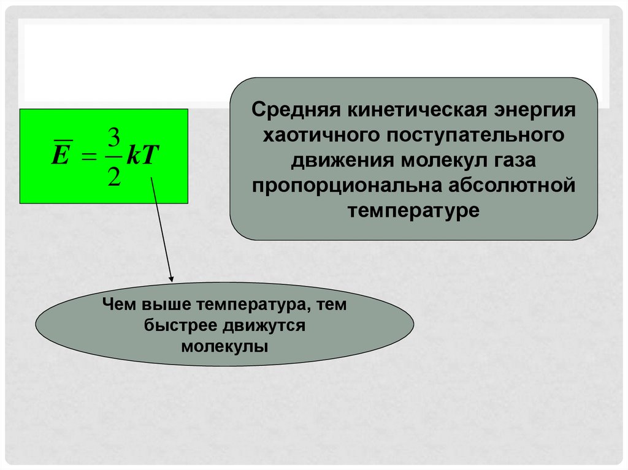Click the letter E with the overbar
(x=59, y=156)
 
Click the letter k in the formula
(x=135, y=156)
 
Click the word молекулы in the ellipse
(x=224, y=346)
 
